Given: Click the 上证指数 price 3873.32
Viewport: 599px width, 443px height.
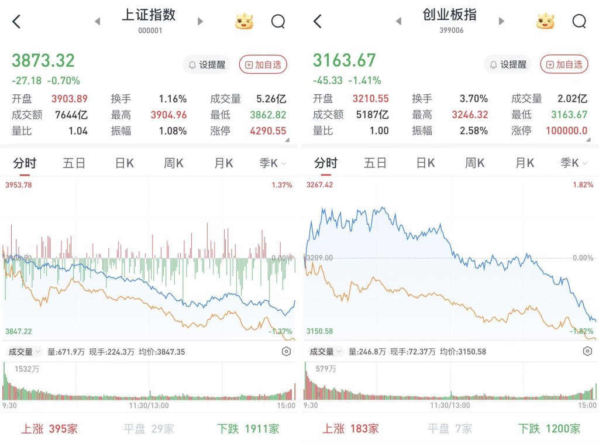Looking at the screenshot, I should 43,60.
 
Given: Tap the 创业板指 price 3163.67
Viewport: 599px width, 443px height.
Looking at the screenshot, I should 344,60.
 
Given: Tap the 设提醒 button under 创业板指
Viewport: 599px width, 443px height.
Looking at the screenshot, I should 507,64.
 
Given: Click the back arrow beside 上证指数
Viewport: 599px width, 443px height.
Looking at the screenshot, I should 16,22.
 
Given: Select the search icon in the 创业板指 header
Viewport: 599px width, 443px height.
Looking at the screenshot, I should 579,22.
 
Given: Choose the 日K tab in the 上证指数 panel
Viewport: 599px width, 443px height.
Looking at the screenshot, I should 124,163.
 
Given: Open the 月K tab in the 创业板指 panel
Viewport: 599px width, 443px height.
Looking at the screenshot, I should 525,163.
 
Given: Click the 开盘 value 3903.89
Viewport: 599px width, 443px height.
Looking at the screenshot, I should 69,99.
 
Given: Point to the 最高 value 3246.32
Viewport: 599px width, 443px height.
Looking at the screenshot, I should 470,115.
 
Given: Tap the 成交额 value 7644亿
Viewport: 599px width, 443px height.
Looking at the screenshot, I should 71,115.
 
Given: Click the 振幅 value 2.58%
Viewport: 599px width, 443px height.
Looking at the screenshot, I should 473,131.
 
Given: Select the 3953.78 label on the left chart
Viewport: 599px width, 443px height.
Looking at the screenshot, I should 18,186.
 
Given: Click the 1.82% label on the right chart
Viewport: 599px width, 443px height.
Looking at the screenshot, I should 583,186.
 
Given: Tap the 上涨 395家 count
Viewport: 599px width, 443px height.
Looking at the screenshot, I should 50,429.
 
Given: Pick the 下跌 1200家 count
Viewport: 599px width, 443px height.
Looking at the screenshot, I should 549,429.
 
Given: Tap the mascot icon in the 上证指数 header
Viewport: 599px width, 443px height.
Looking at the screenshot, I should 245,22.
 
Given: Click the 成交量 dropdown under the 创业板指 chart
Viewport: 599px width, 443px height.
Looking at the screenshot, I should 323,352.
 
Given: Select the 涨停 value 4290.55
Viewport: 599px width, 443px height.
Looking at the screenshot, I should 268,131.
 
